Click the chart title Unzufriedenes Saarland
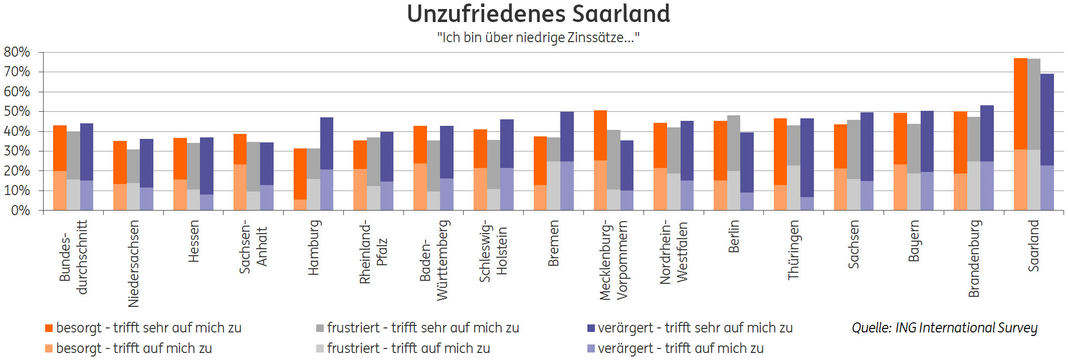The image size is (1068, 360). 538,14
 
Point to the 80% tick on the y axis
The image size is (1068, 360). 17,52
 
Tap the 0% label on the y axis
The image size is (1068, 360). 21,211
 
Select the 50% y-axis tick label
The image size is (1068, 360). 17,111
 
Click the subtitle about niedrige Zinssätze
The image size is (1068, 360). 538,38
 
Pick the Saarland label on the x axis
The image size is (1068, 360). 1033,246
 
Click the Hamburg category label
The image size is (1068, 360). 313,248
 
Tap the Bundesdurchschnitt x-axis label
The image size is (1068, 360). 73,257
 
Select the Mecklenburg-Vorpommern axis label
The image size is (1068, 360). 613,260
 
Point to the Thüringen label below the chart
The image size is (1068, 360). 793,250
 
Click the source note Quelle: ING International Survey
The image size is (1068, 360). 944,328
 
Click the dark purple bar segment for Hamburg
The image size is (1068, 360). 327,143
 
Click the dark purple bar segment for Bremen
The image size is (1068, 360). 567,136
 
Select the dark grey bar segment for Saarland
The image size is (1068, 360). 1034,104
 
